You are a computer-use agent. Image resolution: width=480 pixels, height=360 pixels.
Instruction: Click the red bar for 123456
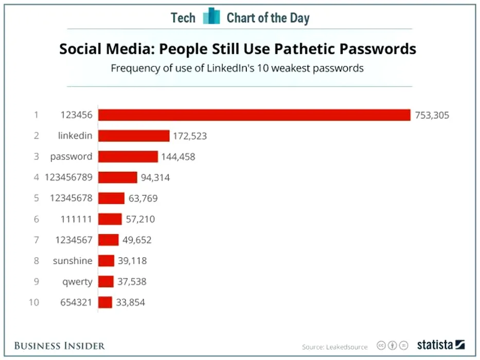pyautogui.click(x=254, y=115)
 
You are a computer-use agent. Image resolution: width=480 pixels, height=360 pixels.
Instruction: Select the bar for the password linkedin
pyautogui.click(x=134, y=136)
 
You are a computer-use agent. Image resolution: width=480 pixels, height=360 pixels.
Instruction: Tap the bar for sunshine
pyautogui.click(x=106, y=261)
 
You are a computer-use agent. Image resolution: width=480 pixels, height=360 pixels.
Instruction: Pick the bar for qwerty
pyautogui.click(x=105, y=281)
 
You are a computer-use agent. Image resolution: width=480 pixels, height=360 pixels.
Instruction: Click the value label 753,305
pyautogui.click(x=432, y=115)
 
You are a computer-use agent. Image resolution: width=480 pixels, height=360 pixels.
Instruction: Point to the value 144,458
pyautogui.click(x=179, y=157)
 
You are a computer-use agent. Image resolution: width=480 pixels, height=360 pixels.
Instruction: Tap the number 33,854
pyautogui.click(x=131, y=302)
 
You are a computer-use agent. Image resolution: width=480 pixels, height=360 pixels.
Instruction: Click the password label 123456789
pyautogui.click(x=68, y=177)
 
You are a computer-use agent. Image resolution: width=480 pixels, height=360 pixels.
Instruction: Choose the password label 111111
pyautogui.click(x=76, y=219)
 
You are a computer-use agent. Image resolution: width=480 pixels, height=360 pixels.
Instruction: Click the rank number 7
pyautogui.click(x=37, y=240)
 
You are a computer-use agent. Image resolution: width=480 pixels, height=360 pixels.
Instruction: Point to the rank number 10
pyautogui.click(x=34, y=302)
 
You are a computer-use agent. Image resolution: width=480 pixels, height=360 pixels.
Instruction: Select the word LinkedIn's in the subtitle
pyautogui.click(x=240, y=68)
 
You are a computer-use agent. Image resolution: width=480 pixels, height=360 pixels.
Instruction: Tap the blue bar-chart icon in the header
pyautogui.click(x=211, y=16)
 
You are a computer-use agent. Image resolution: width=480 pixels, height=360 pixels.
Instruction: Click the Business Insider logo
pyautogui.click(x=59, y=345)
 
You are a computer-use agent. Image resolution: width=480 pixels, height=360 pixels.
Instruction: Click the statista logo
pyautogui.click(x=440, y=345)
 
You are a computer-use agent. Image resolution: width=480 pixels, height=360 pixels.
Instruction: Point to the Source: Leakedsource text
pyautogui.click(x=334, y=347)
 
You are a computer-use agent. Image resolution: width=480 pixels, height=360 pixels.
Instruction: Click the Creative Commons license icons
pyautogui.click(x=393, y=345)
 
